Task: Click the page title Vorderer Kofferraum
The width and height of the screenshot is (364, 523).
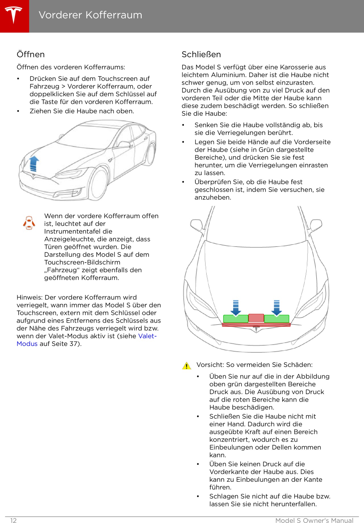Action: click(90, 15)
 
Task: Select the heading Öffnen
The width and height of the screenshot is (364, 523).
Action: click(31, 54)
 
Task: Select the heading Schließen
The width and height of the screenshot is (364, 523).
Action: click(201, 54)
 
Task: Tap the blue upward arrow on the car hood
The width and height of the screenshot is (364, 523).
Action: click(34, 163)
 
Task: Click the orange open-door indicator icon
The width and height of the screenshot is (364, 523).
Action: click(29, 223)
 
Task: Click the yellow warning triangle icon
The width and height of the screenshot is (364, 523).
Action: click(187, 366)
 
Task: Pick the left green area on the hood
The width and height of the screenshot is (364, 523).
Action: click(235, 319)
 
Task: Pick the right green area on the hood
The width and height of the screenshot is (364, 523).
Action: click(277, 319)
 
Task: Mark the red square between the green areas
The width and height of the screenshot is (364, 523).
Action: click(256, 318)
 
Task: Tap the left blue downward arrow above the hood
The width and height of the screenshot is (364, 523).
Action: click(236, 307)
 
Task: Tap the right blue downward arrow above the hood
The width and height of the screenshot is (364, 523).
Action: click(277, 307)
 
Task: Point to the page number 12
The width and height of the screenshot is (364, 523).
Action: click(13, 520)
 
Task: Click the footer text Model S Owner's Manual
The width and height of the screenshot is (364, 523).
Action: click(314, 520)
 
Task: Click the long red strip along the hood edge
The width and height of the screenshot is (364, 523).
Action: click(256, 325)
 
